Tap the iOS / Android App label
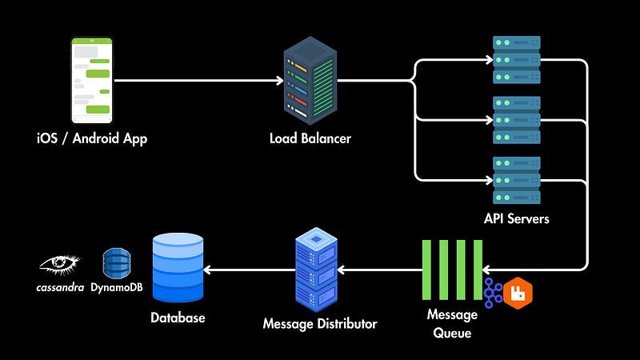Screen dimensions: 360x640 (x=92, y=138)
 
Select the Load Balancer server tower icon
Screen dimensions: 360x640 (x=308, y=80)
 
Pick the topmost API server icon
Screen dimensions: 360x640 (x=516, y=59)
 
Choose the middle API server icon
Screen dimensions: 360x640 (x=516, y=119)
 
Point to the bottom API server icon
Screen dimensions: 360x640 (x=516, y=180)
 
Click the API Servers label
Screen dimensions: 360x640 (x=516, y=218)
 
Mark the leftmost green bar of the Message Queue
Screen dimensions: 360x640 (x=428, y=269)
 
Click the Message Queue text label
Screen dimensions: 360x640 (x=452, y=322)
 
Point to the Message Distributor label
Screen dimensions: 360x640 (x=319, y=324)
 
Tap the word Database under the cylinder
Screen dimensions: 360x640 (x=178, y=318)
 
